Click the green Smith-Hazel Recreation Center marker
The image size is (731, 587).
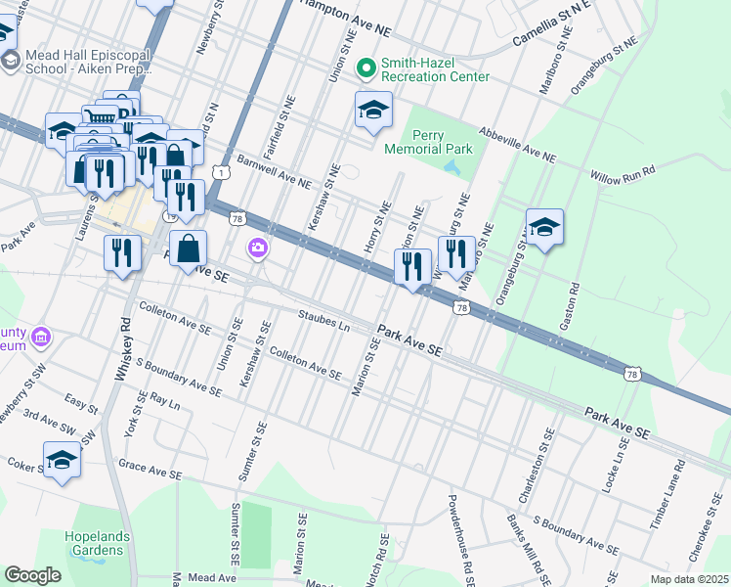tap(367, 68)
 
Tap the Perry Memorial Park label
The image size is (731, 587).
tap(428, 143)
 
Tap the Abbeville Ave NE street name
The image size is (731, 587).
tap(516, 145)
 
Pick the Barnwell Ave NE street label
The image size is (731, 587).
tap(274, 171)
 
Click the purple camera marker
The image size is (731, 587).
tap(258, 248)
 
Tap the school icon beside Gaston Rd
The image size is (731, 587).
tap(544, 228)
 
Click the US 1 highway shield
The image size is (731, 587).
tap(224, 173)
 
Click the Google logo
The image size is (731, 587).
tap(32, 575)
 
